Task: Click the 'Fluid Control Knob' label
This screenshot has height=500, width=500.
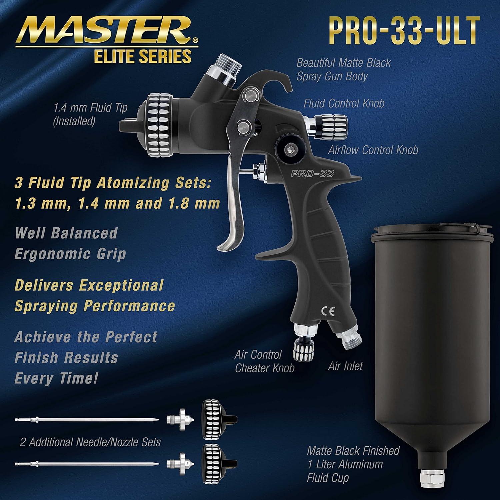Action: (344, 103)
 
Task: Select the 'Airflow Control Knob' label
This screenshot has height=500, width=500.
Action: (373, 150)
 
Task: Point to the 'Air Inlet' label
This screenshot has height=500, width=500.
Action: (345, 366)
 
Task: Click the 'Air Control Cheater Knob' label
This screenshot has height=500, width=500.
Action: (264, 361)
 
